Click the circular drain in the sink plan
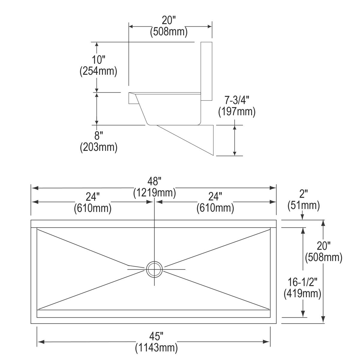tap(154, 269)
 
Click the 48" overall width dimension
tap(154, 181)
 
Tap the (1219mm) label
tap(154, 193)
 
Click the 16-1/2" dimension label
tap(302, 282)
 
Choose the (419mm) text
tap(302, 293)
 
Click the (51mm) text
tap(304, 205)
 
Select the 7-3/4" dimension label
tap(237, 100)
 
